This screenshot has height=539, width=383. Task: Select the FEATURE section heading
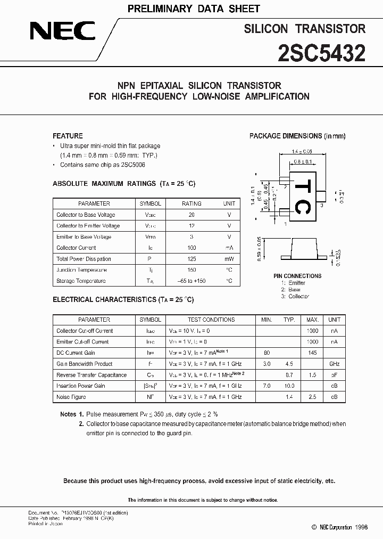coord(68,136)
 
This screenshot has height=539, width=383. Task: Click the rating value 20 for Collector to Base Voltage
coord(191,215)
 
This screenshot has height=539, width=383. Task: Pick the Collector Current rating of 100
coord(191,248)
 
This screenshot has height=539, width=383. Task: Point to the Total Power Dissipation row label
coord(84,259)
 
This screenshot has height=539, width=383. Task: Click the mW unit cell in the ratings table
coord(229,259)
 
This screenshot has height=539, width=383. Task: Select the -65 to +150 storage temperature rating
coord(191,281)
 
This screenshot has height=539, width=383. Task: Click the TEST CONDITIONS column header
coord(211,320)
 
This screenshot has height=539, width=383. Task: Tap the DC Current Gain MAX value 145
coord(312,353)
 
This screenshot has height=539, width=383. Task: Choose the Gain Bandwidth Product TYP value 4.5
coord(289,364)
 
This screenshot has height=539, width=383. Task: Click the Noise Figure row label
coord(71,397)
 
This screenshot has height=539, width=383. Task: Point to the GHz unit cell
coord(334,364)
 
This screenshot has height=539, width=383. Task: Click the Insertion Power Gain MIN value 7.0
coord(267,386)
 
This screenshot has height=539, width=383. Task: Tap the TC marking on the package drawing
coord(301,197)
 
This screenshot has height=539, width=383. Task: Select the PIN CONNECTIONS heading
coord(297,276)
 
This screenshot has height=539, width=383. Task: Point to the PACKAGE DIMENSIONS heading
coord(297,136)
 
